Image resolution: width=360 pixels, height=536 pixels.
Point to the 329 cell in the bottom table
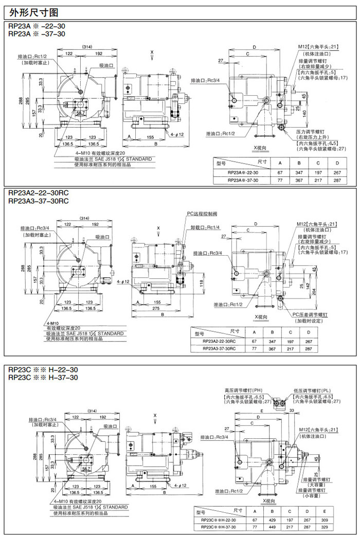pyautogui.click(x=323, y=527)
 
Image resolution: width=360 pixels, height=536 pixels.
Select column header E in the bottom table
pyautogui.click(x=323, y=511)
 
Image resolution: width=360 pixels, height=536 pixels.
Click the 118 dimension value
pyautogui.click(x=202, y=282)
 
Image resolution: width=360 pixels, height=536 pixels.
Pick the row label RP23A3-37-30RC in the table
pyautogui.click(x=219, y=348)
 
